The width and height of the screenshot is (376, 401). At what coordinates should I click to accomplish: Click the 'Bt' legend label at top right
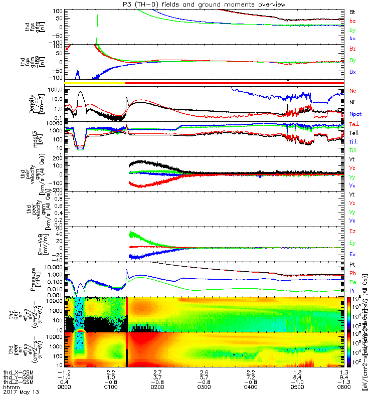(x=352, y=11)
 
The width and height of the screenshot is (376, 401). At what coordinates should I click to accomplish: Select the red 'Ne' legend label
(x=353, y=91)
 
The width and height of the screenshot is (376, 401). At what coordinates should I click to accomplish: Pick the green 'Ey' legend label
(x=353, y=243)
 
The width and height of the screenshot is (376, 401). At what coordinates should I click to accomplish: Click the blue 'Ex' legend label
(x=353, y=255)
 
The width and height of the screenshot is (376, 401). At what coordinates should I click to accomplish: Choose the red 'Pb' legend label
(x=353, y=274)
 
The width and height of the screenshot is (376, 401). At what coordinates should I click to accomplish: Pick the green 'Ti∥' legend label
(x=353, y=150)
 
